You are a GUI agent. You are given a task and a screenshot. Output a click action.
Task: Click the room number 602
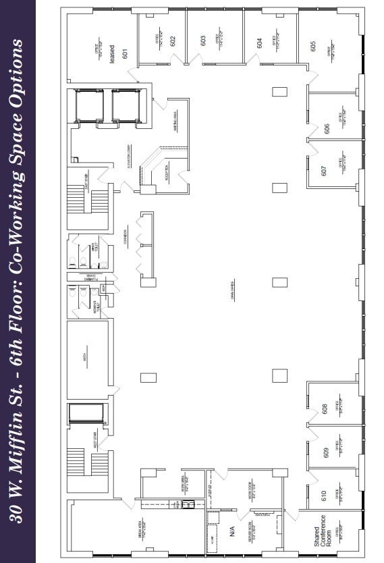coord(173,40)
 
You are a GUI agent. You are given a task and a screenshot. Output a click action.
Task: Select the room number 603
coord(202,40)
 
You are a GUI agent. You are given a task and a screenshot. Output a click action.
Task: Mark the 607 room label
coord(324,171)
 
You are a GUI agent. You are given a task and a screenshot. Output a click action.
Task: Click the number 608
coord(325,409)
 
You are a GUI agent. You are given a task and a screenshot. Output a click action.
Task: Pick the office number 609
coord(325,452)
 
